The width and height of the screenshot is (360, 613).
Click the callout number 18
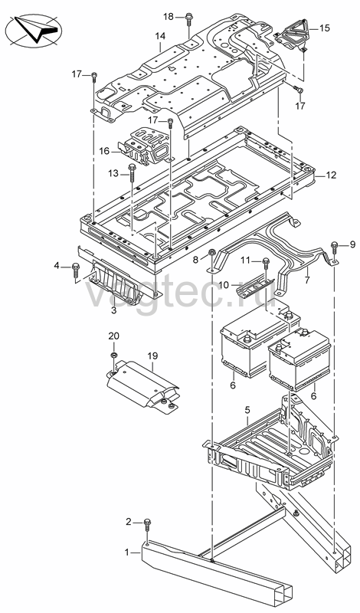[168, 16]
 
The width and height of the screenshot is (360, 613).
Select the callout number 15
[325, 28]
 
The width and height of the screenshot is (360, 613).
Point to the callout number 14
[160, 36]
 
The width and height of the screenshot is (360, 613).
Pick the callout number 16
[104, 150]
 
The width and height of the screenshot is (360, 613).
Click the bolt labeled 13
[132, 174]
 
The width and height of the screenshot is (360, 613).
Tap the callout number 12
[331, 175]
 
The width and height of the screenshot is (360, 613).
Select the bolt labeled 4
[76, 271]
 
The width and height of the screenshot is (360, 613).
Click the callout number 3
[114, 310]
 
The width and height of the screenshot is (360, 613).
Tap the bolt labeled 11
[266, 264]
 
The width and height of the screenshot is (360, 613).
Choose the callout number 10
[224, 285]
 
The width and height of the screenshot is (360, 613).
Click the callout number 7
[307, 280]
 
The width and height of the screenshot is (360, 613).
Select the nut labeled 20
[114, 355]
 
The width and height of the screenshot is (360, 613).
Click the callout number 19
[152, 356]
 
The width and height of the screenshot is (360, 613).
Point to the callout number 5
[247, 410]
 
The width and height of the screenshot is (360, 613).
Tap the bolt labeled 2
[147, 525]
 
